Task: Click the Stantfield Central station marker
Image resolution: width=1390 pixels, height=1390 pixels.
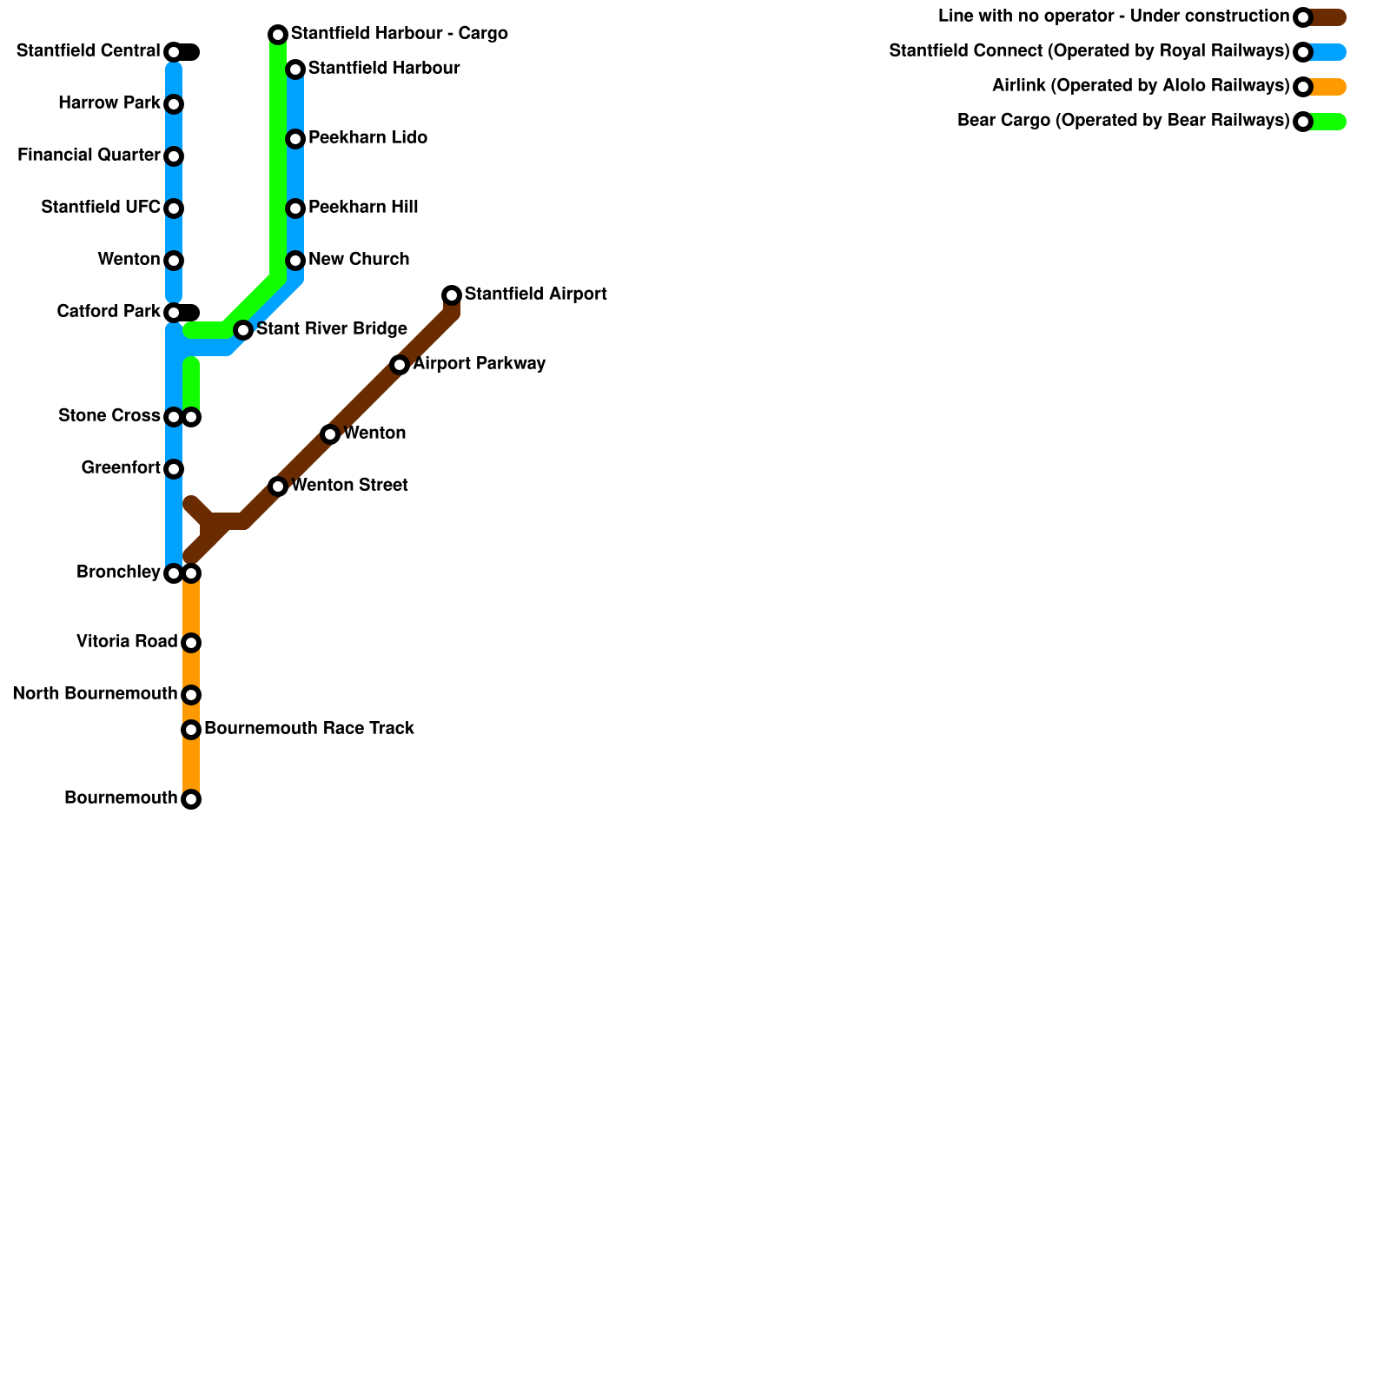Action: (174, 52)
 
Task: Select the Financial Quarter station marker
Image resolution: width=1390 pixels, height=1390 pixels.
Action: (174, 156)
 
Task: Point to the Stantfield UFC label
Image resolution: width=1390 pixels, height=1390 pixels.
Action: (101, 208)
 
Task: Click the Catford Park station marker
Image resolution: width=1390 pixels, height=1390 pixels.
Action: (174, 313)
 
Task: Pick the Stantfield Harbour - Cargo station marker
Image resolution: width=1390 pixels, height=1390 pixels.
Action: (278, 35)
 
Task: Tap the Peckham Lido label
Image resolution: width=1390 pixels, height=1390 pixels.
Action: (367, 138)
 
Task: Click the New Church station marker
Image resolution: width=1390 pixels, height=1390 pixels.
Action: (295, 261)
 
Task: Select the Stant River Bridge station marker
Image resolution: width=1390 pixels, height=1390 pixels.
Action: (243, 330)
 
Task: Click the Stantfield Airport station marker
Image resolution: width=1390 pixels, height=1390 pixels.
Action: (452, 295)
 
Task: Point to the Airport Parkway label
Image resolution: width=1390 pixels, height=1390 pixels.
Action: (480, 364)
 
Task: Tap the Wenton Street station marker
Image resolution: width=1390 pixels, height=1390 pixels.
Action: (278, 486)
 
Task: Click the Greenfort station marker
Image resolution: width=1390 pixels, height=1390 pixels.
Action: (174, 469)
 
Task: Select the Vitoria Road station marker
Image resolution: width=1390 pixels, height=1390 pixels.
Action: (191, 643)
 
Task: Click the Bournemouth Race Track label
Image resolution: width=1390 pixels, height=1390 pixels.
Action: (309, 729)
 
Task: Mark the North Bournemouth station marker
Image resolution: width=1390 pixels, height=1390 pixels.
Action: (191, 695)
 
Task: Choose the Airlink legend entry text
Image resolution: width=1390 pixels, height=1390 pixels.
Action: (1141, 86)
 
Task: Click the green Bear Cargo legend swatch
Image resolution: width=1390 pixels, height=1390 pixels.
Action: (1329, 122)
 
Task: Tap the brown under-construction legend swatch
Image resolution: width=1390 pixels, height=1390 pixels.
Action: (1329, 17)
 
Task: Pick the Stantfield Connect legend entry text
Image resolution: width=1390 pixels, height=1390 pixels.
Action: (1089, 51)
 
